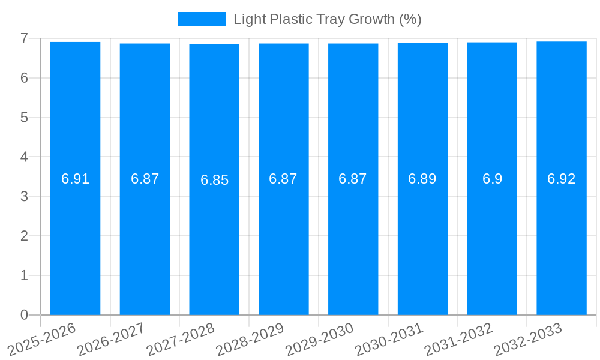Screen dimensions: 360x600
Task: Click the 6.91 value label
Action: point(75,179)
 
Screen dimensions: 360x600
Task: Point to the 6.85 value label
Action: point(214,180)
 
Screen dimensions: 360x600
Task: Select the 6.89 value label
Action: point(422,179)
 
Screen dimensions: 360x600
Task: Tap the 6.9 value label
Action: point(492,179)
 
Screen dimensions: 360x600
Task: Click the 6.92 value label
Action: point(561,179)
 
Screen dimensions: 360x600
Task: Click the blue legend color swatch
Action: point(202,19)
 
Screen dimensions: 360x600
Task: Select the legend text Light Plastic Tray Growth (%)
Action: point(327,19)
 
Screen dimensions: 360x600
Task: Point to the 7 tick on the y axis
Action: point(24,38)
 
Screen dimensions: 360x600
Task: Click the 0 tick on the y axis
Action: point(24,315)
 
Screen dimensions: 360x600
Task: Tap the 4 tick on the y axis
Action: point(24,157)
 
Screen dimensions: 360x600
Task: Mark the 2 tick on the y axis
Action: point(24,236)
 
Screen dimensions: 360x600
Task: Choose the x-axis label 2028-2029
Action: point(250,338)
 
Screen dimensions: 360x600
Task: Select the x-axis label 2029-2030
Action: point(320,338)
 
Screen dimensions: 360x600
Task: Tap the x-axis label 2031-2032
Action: point(459,338)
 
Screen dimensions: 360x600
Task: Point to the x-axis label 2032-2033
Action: point(528,338)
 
